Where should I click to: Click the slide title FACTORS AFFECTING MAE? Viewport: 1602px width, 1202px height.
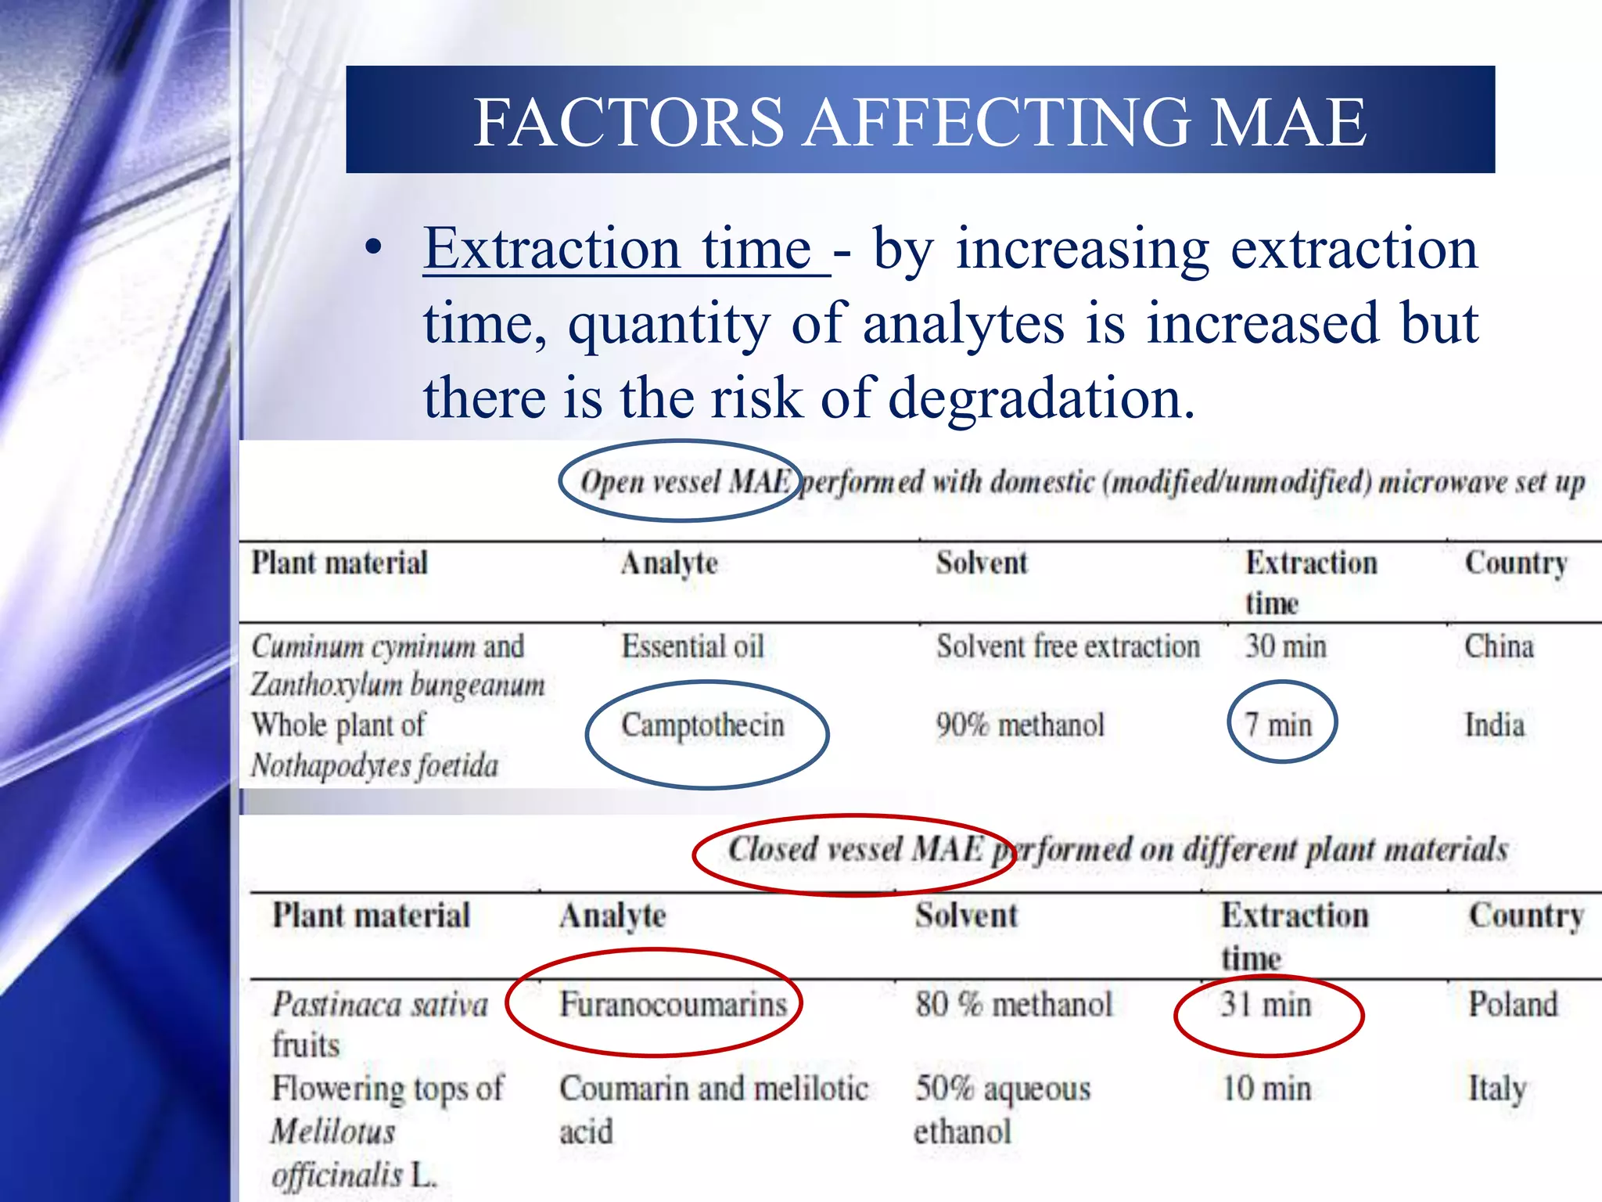920,121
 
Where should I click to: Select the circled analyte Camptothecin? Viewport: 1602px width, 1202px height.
702,725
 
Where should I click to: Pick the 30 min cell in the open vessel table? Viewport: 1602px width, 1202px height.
1286,647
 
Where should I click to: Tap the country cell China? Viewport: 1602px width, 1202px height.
1499,647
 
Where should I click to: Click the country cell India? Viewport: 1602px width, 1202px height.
1495,725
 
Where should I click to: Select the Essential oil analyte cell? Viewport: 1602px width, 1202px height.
692,647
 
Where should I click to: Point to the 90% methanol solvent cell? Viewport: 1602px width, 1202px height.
1020,725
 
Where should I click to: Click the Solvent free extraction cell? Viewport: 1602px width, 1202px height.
1068,647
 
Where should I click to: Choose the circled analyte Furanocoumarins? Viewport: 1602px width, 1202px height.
673,1005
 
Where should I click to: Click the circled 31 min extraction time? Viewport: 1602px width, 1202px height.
1266,1005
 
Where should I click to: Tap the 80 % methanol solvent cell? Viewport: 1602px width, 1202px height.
1013,1005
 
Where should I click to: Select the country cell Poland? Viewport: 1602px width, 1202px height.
1513,1005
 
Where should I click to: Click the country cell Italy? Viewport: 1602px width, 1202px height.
1497,1089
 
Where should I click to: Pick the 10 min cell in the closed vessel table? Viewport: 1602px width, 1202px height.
1266,1089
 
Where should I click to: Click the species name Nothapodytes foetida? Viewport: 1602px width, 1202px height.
374,765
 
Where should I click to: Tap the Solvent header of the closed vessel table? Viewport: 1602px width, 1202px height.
967,916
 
